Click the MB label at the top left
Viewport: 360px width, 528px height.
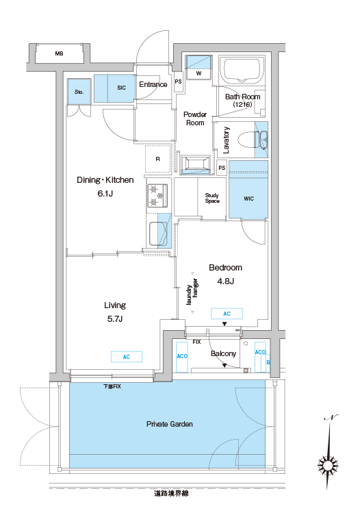pos(60,53)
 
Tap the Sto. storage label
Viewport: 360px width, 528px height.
pos(79,92)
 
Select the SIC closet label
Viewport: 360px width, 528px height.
pos(121,88)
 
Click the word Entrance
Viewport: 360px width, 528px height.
pos(153,84)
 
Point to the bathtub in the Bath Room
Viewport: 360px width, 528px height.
pos(242,70)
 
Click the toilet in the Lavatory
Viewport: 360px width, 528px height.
pos(253,140)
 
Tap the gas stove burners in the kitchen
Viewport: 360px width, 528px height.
pos(157,195)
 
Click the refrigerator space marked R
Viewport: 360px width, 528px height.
pos(158,159)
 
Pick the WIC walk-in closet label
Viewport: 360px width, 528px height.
pos(248,199)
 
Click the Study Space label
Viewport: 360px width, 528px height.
pos(212,198)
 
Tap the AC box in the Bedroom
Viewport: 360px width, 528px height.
pos(227,314)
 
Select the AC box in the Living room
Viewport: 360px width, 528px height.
pos(127,357)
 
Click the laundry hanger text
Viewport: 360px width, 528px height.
pos(192,292)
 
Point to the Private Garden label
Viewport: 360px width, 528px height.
pos(170,425)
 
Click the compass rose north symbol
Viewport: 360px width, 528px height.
pos(328,465)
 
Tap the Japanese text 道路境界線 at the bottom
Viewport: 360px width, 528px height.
pos(171,494)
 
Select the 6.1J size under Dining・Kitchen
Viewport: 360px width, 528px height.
pos(105,193)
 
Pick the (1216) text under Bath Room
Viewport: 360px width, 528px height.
pos(242,104)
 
